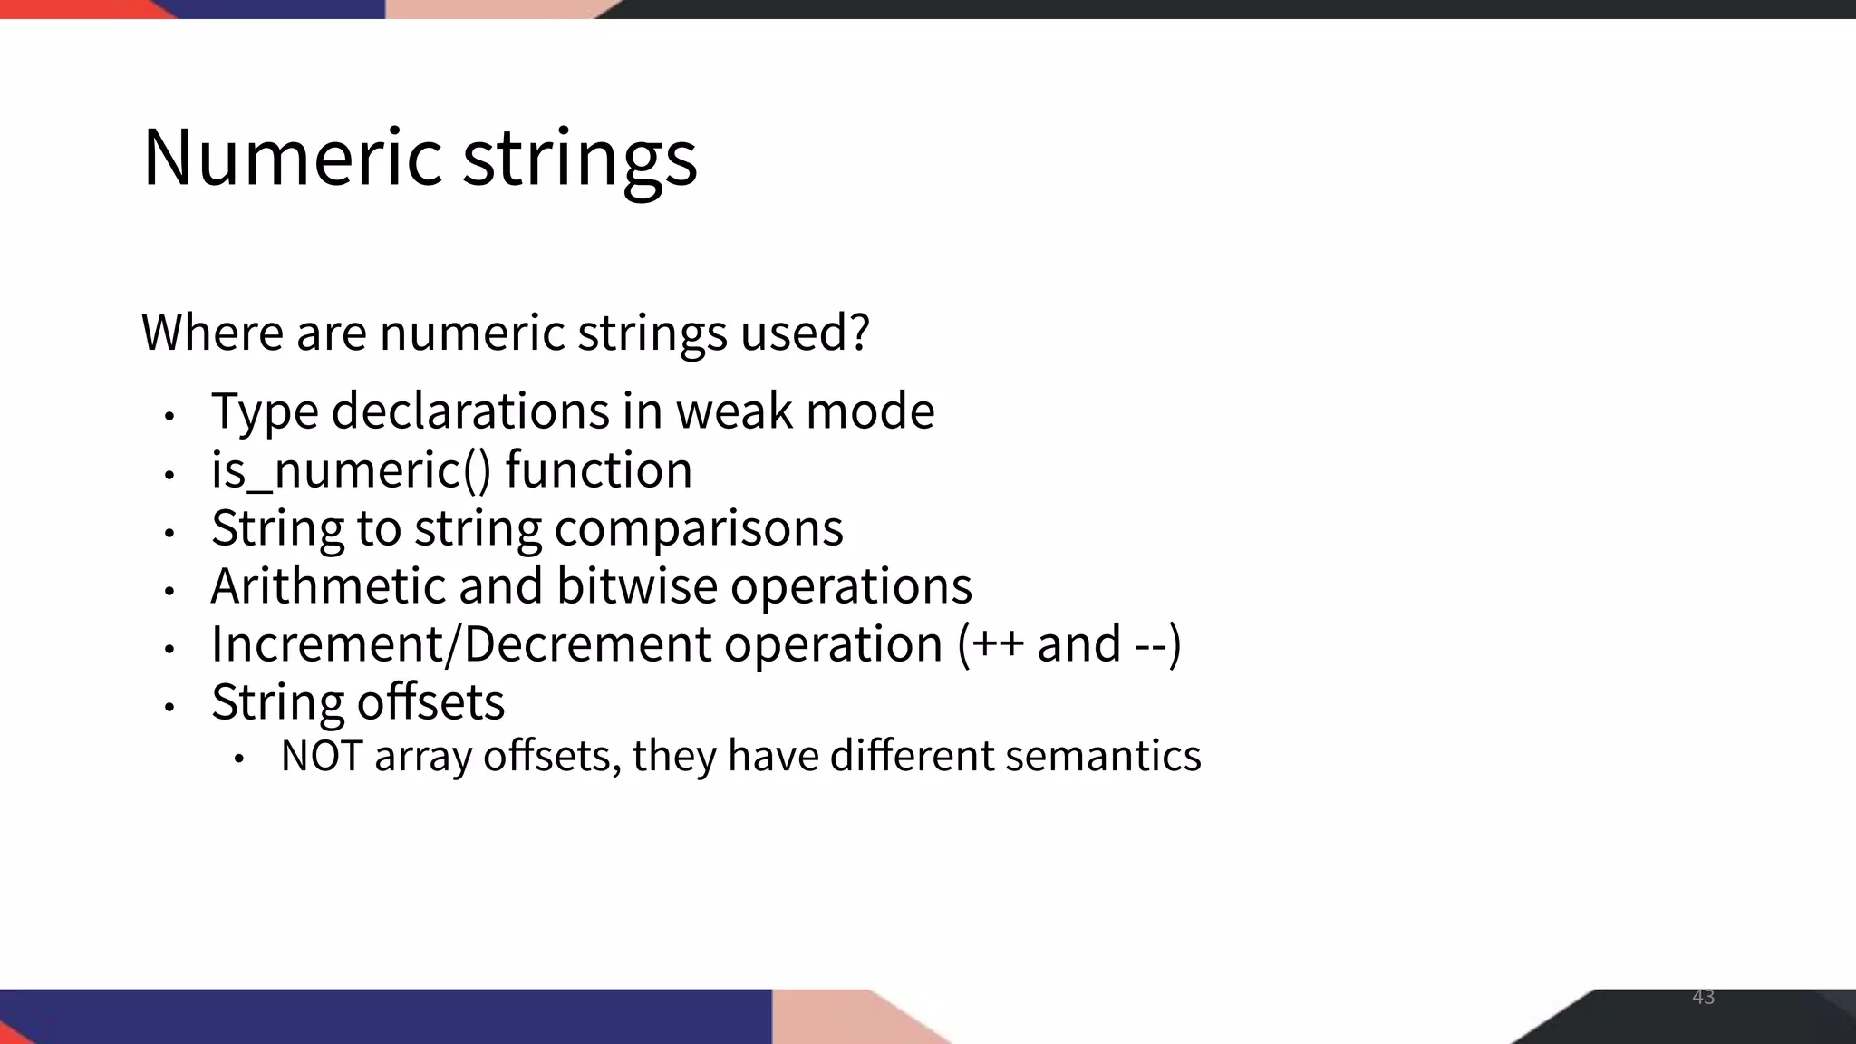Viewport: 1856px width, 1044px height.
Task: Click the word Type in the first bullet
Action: pyautogui.click(x=265, y=411)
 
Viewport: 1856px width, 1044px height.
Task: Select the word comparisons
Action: pyautogui.click(x=699, y=528)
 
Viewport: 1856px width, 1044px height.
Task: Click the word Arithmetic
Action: pyautogui.click(x=328, y=585)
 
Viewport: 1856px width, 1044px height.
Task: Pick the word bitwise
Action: pyautogui.click(x=637, y=585)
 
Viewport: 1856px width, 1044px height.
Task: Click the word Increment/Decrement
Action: pyautogui.click(x=461, y=644)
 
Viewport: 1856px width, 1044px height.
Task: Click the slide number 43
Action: pyautogui.click(x=1703, y=997)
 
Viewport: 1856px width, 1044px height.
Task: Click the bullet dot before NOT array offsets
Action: pyautogui.click(x=238, y=759)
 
